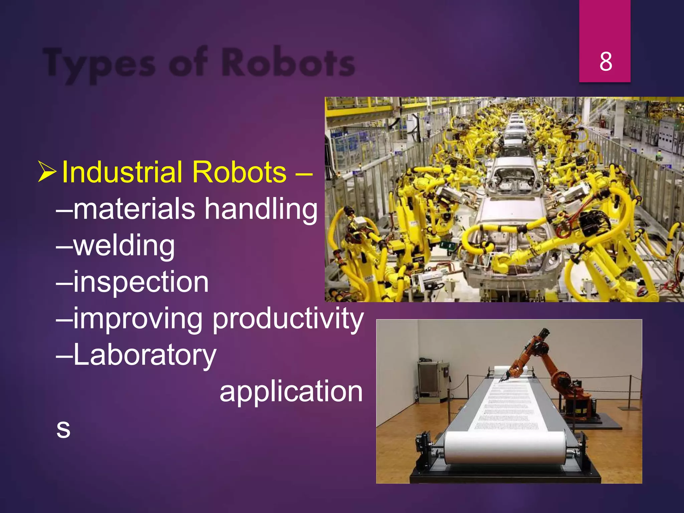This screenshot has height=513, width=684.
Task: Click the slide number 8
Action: [606, 62]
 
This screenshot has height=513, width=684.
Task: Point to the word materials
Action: [134, 208]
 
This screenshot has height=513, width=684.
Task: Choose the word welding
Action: [124, 246]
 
